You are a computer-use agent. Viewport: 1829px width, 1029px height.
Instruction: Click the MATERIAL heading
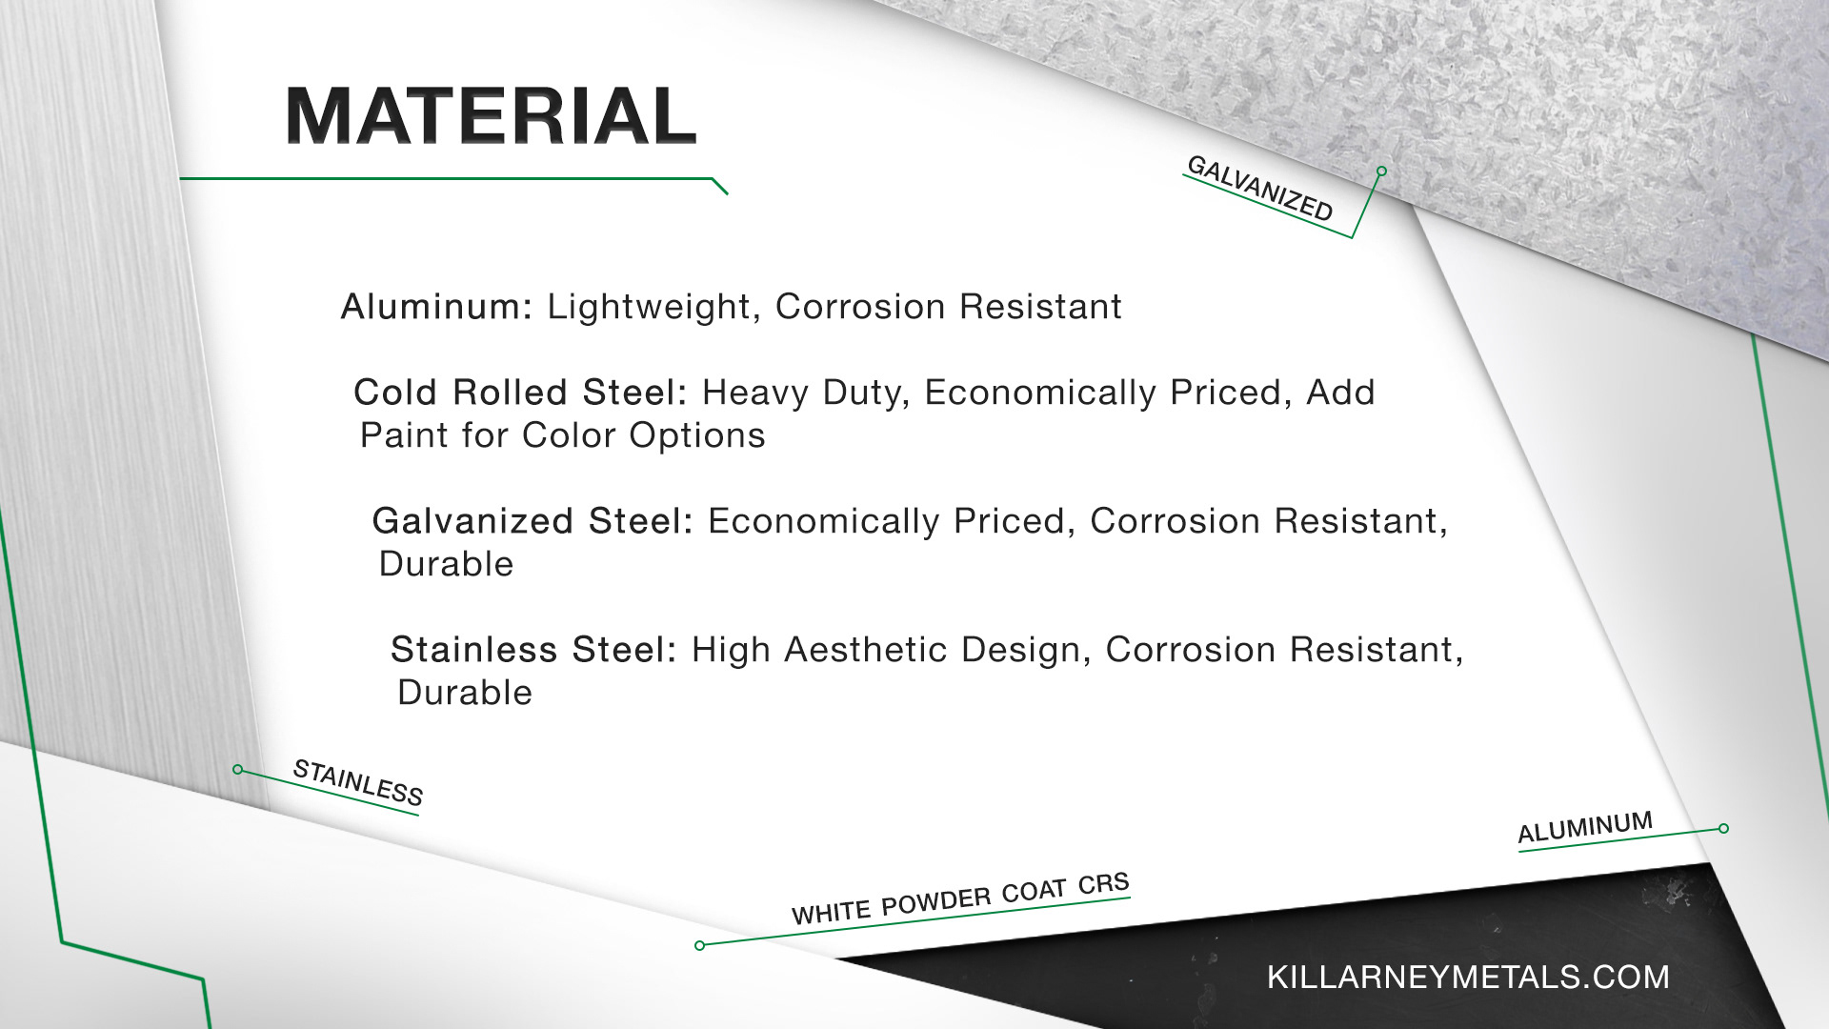(491, 116)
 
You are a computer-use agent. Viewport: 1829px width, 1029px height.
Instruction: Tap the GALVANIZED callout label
(1259, 189)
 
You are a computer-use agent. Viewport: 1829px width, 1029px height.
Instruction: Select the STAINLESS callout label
(358, 782)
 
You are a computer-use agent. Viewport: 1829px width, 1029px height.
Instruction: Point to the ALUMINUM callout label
(1585, 827)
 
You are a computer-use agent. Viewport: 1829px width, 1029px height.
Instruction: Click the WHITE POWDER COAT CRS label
(960, 898)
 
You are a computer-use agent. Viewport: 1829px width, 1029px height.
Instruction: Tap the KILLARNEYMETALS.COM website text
(1468, 977)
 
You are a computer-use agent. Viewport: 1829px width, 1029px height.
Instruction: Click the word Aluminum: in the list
(436, 307)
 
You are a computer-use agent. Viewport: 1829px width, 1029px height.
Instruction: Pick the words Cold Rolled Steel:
(520, 393)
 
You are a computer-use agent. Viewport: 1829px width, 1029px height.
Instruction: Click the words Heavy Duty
(806, 393)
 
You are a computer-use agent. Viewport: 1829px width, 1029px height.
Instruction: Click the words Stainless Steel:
(533, 650)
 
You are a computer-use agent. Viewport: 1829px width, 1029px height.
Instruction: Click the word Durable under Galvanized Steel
(446, 564)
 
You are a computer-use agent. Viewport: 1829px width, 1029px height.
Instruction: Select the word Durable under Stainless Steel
(465, 693)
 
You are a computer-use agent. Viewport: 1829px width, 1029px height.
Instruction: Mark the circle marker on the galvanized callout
(1381, 171)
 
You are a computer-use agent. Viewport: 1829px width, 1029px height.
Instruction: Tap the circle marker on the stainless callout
(238, 770)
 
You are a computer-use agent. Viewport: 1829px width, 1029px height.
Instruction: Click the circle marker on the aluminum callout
(1723, 829)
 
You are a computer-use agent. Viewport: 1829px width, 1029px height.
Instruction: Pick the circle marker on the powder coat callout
(700, 946)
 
